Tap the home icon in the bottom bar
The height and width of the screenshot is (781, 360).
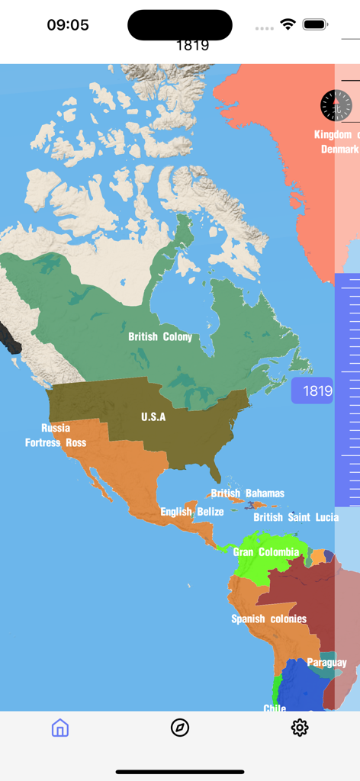tap(60, 728)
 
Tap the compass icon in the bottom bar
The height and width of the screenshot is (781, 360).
tap(180, 728)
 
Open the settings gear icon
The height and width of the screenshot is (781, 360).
tap(300, 728)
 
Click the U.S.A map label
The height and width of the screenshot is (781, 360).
tap(153, 417)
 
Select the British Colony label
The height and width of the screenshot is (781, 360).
tap(160, 336)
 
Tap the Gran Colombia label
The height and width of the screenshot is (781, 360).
tap(266, 552)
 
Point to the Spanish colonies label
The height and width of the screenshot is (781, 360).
tap(269, 619)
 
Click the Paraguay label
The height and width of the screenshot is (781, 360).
tap(326, 663)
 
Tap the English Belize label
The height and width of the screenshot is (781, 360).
tap(192, 512)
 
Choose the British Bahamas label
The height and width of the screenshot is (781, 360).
tap(248, 493)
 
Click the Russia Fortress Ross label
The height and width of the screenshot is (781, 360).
tap(56, 435)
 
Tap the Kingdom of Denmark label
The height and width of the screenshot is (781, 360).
tap(336, 143)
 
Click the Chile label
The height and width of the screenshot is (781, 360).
tap(275, 709)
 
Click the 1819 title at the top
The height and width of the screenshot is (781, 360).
tap(192, 45)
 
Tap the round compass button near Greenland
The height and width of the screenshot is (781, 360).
tap(336, 105)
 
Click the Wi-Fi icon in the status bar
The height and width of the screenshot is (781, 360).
tap(288, 24)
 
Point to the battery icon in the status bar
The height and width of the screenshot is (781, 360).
tap(315, 24)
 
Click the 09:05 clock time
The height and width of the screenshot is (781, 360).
tap(68, 24)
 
